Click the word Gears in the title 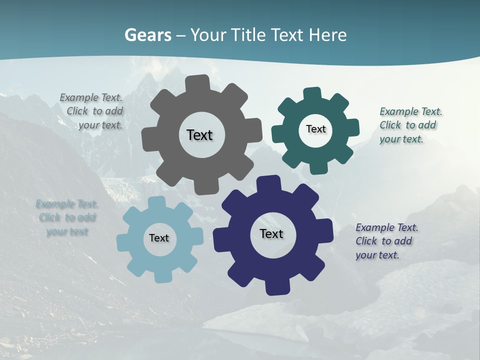pos(147,35)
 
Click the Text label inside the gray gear pos(199,135)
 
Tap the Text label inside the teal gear pos(315,129)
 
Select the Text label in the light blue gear pos(159,238)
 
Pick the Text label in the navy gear pos(271,233)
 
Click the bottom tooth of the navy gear pos(276,287)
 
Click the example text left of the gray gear pos(93,111)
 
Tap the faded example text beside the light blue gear pos(67,218)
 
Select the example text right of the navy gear pos(385,241)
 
